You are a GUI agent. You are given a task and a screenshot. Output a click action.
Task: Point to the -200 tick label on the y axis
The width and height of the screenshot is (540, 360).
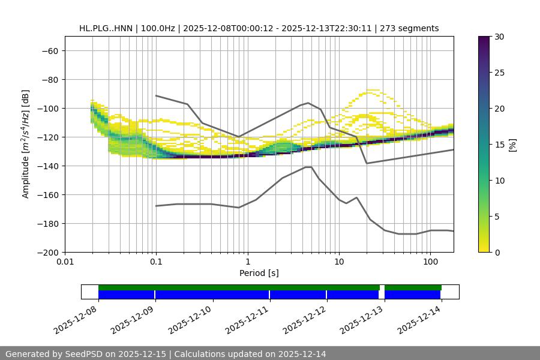click(48, 252)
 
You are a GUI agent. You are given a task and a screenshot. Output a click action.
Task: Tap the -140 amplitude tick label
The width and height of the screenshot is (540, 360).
click(48, 166)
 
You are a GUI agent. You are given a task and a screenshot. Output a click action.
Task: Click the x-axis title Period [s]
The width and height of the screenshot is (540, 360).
click(259, 273)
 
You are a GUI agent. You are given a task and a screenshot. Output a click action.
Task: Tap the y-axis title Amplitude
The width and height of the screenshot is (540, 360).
click(26, 144)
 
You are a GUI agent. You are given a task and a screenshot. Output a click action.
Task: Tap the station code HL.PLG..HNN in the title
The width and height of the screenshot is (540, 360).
click(107, 28)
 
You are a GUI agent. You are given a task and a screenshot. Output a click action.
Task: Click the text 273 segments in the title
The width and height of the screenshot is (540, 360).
click(414, 28)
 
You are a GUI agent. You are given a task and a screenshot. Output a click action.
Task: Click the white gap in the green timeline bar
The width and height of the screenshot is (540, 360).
click(382, 287)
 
